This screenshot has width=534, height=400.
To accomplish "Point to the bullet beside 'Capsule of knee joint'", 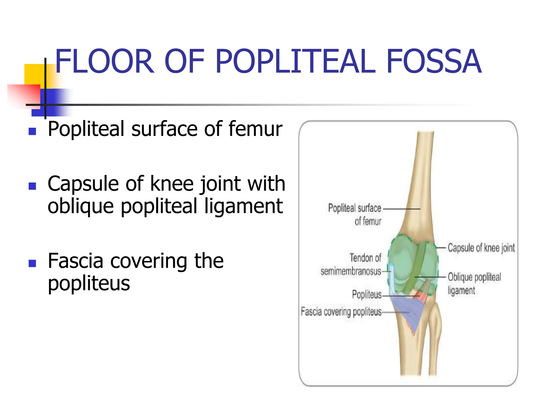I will (32, 186).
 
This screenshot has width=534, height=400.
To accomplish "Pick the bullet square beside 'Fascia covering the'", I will (32, 263).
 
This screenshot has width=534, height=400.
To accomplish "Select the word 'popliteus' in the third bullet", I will (89, 284).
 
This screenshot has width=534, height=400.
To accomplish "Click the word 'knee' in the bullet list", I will (172, 184).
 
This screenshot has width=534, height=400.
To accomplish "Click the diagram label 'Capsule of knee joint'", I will (481, 248).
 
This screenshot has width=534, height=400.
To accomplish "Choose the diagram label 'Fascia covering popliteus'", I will (341, 312).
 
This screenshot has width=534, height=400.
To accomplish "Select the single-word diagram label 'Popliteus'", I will (367, 295).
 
